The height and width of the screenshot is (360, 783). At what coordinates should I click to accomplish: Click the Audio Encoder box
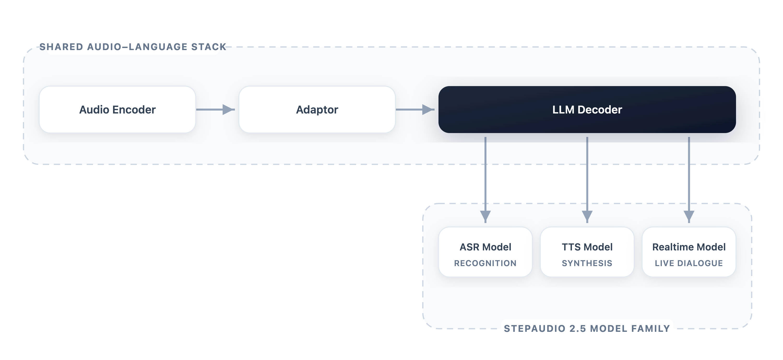coord(117,109)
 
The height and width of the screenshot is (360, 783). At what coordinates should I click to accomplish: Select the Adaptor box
coord(317,109)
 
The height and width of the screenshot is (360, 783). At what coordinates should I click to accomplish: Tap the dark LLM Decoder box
coord(587,109)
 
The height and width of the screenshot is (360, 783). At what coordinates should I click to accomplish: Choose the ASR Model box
coord(485,252)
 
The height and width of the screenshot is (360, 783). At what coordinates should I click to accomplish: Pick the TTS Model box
coord(587,252)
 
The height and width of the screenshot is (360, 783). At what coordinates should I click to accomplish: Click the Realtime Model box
coord(689,252)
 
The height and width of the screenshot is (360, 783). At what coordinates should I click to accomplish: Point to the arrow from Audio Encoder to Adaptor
coord(216,109)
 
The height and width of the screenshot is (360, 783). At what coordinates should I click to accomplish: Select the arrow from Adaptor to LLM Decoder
coord(415,109)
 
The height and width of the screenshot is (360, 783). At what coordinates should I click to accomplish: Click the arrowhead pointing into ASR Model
coord(485,217)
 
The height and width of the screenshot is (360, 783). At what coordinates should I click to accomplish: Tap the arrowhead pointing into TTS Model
coord(587,217)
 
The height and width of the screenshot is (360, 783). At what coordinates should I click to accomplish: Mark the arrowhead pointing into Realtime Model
coord(689,217)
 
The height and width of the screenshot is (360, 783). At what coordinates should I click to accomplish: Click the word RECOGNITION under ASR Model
coord(485,263)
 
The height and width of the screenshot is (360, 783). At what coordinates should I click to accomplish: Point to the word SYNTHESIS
coord(587,263)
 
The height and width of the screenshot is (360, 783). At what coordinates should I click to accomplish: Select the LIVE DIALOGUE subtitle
coord(689,263)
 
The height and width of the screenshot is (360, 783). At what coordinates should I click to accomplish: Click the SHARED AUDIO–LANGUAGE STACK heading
coord(133,47)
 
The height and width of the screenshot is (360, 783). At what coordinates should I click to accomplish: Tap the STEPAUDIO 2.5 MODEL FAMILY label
coord(587,328)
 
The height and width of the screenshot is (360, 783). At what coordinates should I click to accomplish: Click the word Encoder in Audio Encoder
coord(134,110)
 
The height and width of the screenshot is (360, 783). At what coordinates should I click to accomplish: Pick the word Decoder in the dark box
coord(600,110)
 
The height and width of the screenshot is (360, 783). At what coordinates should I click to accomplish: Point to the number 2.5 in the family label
coord(578,328)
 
